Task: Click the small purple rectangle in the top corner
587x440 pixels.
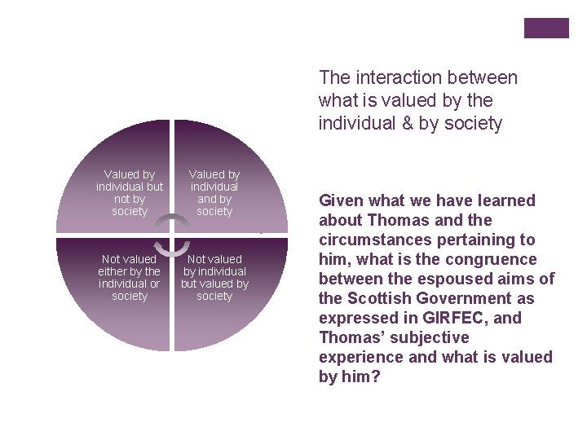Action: (546, 28)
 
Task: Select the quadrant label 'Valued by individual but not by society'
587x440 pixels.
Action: (130, 193)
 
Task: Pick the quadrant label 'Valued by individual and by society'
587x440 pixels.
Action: (214, 193)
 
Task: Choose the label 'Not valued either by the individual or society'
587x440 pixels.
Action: (130, 278)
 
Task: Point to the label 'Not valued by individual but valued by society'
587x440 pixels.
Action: (214, 278)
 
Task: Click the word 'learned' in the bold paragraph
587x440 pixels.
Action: (504, 200)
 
